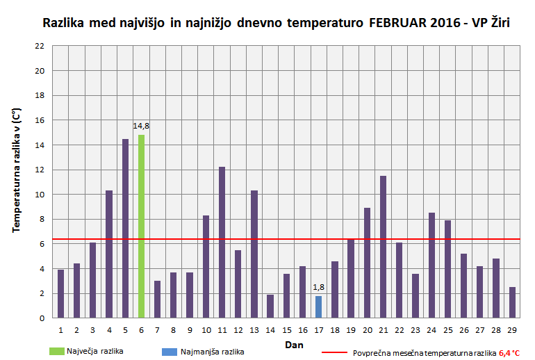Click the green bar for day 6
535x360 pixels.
142,226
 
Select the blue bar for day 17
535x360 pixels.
318,306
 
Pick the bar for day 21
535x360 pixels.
383,247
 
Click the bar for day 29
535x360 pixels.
512,302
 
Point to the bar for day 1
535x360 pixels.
61,293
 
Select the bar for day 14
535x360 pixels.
270,306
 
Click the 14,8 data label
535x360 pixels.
142,126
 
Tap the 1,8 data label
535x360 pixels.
318,287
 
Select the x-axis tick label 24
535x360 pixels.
431,330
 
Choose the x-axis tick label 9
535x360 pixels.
190,330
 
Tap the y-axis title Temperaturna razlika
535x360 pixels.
17,170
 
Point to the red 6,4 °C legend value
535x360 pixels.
509,352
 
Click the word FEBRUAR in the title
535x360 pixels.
397,23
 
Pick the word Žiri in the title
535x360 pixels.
497,23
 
